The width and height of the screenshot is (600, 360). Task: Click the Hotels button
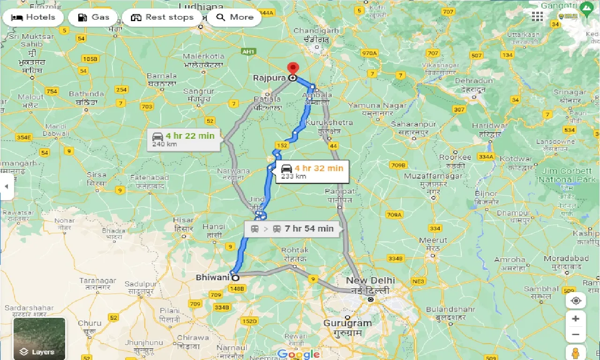coord(33,17)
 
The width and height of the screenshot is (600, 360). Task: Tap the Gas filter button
coord(93,17)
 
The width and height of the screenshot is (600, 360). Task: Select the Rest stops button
coord(162,17)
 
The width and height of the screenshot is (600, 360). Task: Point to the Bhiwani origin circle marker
coord(236,277)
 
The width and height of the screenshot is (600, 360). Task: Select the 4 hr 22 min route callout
coord(183,139)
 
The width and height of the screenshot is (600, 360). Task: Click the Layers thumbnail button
coord(39,338)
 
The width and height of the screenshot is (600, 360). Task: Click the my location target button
coord(576,300)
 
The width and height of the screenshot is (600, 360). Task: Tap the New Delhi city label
coord(370,281)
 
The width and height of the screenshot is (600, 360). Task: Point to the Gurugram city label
coord(347,323)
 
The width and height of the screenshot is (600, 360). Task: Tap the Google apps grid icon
coord(537,17)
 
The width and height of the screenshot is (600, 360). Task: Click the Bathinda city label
coord(86,94)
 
